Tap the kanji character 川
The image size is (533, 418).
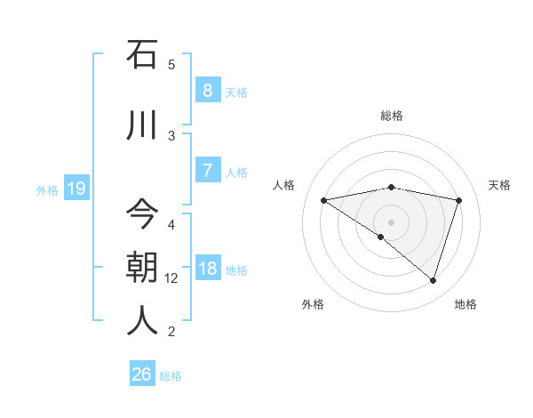[x=142, y=124]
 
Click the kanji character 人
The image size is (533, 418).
[x=142, y=320]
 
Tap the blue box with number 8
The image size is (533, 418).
[x=207, y=91]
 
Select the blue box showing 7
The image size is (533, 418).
[x=207, y=171]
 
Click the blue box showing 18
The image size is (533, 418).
[x=207, y=269]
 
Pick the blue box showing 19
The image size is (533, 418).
[x=76, y=188]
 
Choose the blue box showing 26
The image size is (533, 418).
[x=142, y=374]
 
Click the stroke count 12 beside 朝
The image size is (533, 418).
[x=171, y=278]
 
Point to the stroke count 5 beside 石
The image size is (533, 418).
[x=171, y=64]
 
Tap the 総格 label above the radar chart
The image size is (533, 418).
[x=392, y=116]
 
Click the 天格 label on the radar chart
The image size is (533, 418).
[x=500, y=185]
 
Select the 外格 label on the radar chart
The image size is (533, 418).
[x=313, y=304]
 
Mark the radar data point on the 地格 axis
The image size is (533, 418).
[x=433, y=280]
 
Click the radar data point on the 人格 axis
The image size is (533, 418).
[x=324, y=200]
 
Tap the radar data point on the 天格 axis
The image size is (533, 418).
[x=458, y=200]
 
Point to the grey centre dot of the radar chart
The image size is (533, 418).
[x=391, y=221]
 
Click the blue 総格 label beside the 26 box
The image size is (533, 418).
[x=171, y=376]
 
